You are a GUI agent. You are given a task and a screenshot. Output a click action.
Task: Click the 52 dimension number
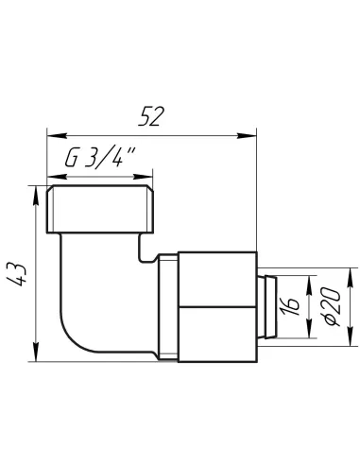click(x=151, y=116)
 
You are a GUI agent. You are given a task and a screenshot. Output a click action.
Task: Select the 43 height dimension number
click(x=17, y=274)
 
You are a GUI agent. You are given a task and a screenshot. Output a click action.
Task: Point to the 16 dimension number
click(x=292, y=307)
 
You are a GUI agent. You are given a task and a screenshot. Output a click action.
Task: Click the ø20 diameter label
click(x=333, y=306)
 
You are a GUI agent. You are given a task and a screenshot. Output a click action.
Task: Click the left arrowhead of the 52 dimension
click(x=57, y=136)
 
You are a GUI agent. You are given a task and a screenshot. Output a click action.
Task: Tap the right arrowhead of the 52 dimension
click(x=247, y=136)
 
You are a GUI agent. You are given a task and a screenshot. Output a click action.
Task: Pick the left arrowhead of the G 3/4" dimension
click(x=57, y=177)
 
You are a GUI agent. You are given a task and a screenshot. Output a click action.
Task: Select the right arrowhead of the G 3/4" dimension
click(x=143, y=177)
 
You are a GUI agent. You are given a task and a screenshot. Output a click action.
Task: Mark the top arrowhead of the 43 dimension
click(x=36, y=196)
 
